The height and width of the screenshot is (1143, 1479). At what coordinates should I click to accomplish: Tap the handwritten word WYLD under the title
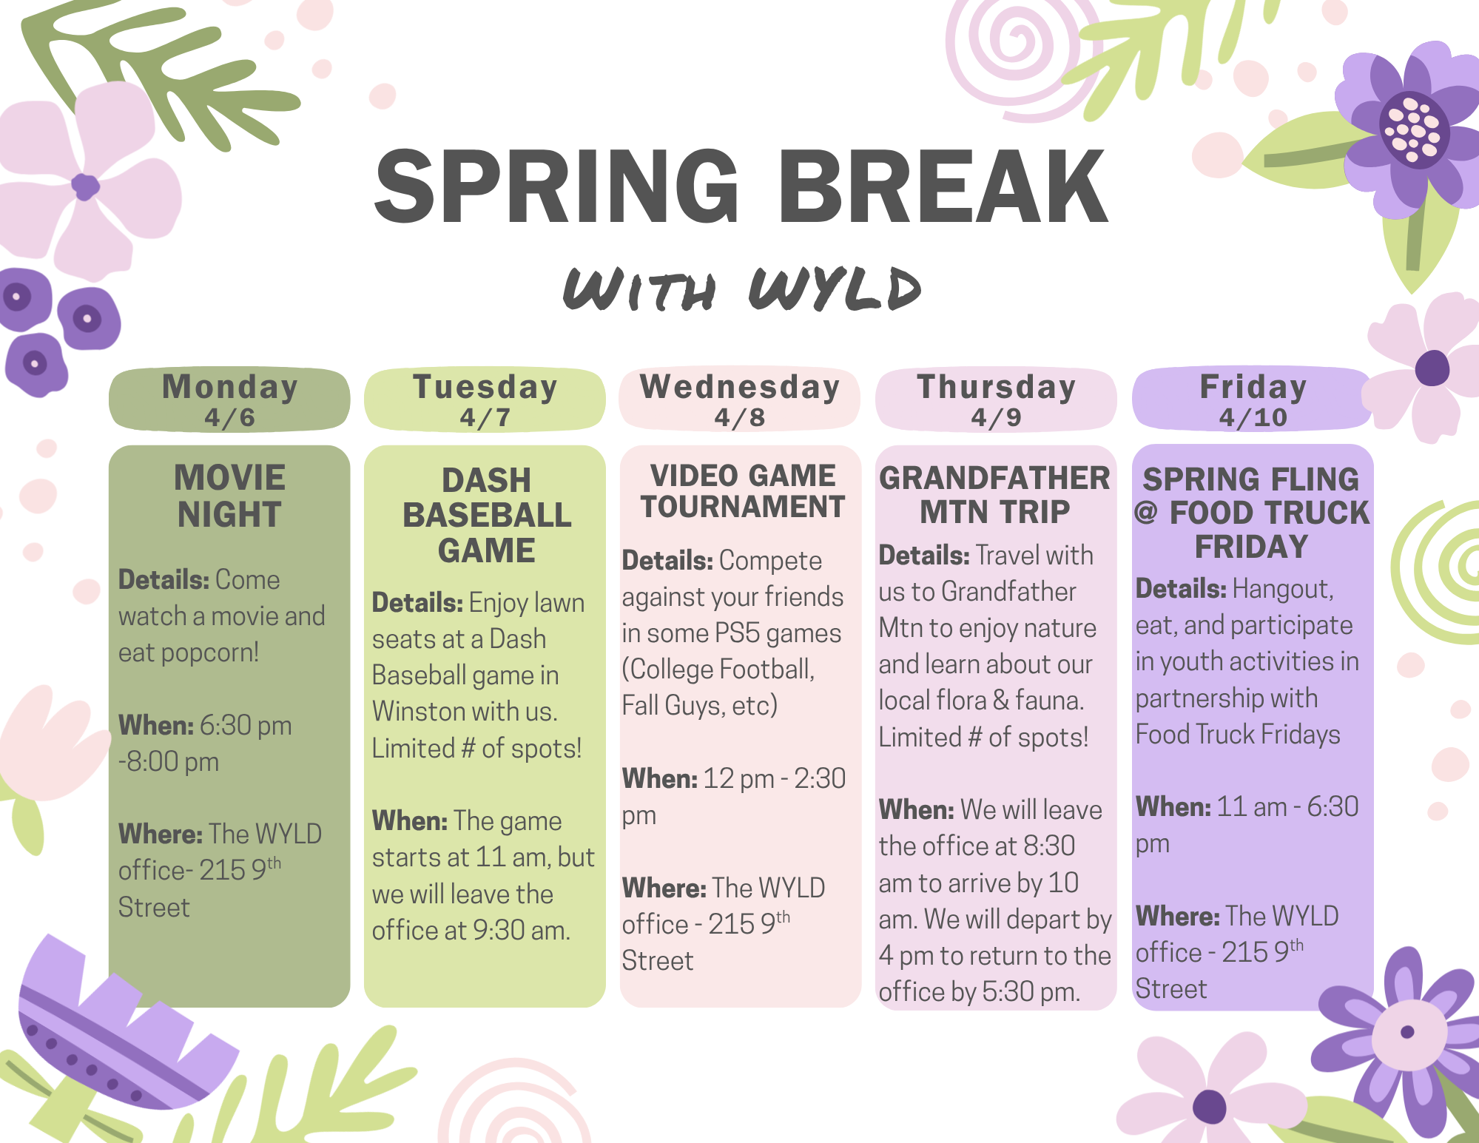835,289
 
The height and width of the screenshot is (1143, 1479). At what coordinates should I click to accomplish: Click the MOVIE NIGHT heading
229,496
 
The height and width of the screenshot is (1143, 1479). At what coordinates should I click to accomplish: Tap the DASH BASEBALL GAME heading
487,515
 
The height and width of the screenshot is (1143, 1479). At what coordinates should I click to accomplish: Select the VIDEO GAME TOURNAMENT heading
742,491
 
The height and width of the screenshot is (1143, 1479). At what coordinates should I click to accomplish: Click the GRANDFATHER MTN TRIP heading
995,495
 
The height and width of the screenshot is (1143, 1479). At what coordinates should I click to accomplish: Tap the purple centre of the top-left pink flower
85,186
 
